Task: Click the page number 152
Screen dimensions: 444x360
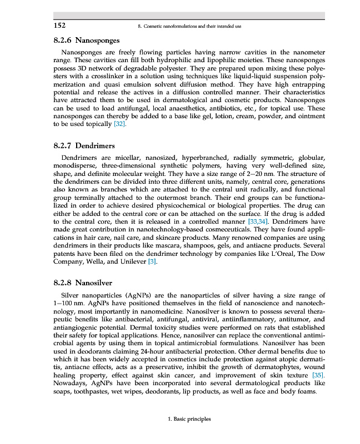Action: point(60,26)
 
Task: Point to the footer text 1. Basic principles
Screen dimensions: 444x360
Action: point(189,420)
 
